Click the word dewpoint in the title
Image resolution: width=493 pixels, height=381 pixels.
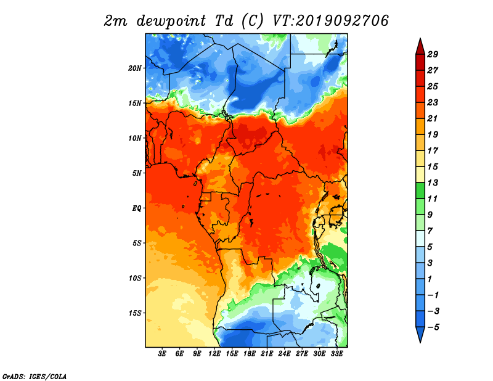(171, 22)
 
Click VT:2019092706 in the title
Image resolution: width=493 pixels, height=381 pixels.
(331, 21)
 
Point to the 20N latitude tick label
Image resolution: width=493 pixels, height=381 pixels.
(135, 68)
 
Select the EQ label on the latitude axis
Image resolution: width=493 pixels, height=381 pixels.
(137, 208)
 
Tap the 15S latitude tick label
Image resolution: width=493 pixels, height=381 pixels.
(135, 313)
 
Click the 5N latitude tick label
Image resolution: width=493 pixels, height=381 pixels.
(137, 173)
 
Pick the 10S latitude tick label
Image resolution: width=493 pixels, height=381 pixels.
(135, 278)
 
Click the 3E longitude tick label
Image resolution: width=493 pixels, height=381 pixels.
(162, 354)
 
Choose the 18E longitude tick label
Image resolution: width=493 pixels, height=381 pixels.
(250, 354)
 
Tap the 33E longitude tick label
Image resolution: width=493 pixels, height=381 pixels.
(336, 354)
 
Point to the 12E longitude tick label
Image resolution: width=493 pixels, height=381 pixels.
(214, 354)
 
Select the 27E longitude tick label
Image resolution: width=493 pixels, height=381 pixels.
(302, 354)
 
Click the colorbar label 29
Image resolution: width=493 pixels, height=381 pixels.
(433, 54)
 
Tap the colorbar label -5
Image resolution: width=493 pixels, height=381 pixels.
(433, 327)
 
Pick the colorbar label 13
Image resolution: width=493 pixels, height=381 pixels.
(433, 182)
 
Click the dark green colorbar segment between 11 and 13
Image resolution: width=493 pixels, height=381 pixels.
(420, 190)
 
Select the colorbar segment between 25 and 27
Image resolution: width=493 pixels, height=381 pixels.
(420, 78)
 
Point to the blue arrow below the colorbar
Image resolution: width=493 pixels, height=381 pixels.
(420, 334)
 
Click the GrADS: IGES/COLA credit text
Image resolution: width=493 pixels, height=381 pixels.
(35, 377)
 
